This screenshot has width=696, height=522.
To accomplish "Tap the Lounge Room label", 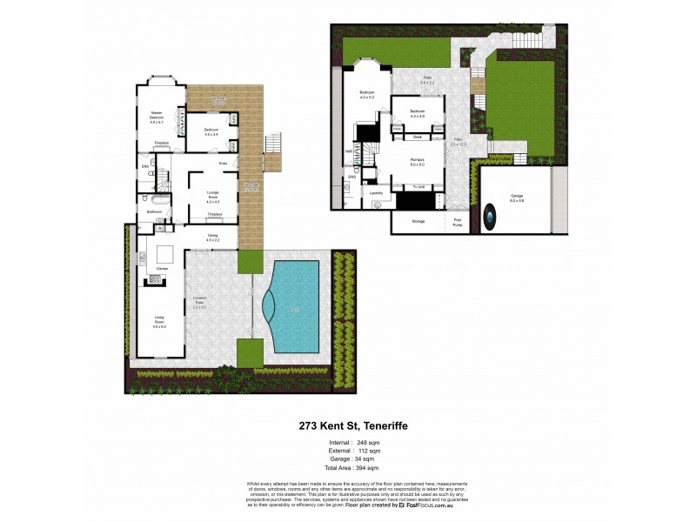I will click(x=212, y=197).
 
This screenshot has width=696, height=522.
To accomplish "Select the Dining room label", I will click(x=212, y=238).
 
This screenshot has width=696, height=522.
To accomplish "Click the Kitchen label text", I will click(x=161, y=270).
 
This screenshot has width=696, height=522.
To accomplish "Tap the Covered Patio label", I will click(x=198, y=304).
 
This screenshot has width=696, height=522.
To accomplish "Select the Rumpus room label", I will click(x=417, y=161).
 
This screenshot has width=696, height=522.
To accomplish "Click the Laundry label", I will click(x=376, y=193).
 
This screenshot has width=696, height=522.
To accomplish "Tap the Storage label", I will click(x=418, y=223).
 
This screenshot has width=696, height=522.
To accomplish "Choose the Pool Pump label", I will click(x=458, y=223).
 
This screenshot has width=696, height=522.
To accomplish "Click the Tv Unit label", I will click(x=418, y=187).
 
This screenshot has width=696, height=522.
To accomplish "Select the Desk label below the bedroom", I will click(x=418, y=137).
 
